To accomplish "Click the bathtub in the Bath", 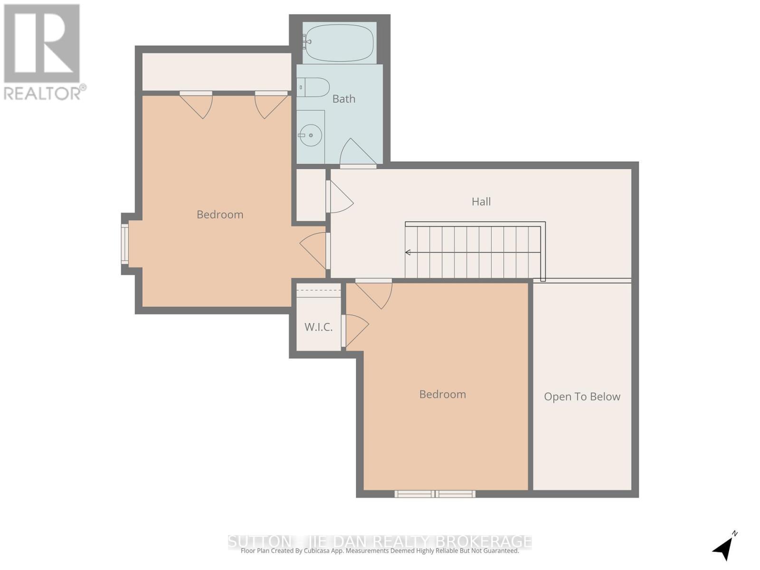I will (339, 43).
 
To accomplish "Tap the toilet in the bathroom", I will (313, 87).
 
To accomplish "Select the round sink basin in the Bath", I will (311, 135).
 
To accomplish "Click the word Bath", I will (343, 99).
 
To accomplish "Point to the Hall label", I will (481, 201).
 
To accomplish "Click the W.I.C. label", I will (318, 327).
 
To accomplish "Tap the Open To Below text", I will (582, 397).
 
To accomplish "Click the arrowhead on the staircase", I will (408, 252).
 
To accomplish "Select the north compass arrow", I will (723, 547).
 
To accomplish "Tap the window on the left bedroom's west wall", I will (125, 244).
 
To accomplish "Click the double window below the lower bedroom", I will (435, 494).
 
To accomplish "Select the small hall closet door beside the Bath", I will (339, 197).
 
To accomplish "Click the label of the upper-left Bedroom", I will (220, 214).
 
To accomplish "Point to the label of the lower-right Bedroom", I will (442, 394).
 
